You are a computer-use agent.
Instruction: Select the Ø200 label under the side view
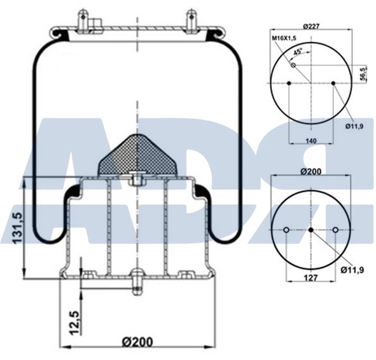pyautogui.click(x=137, y=342)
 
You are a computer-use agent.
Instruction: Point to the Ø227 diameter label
pyautogui.click(x=311, y=25)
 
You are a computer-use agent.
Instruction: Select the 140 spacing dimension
pyautogui.click(x=311, y=140)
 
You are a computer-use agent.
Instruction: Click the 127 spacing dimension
pyautogui.click(x=311, y=277)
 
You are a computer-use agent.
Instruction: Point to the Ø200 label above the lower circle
pyautogui.click(x=311, y=171)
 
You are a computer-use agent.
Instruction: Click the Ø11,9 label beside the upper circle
pyautogui.click(x=355, y=127)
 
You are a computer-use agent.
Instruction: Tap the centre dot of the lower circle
pyautogui.click(x=311, y=231)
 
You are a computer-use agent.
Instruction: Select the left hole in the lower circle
pyautogui.click(x=286, y=231)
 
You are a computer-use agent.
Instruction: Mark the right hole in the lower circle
pyautogui.click(x=335, y=231)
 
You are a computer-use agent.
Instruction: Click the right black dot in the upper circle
pyautogui.click(x=334, y=84)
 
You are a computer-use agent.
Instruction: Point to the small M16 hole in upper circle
pyautogui.click(x=293, y=65)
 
